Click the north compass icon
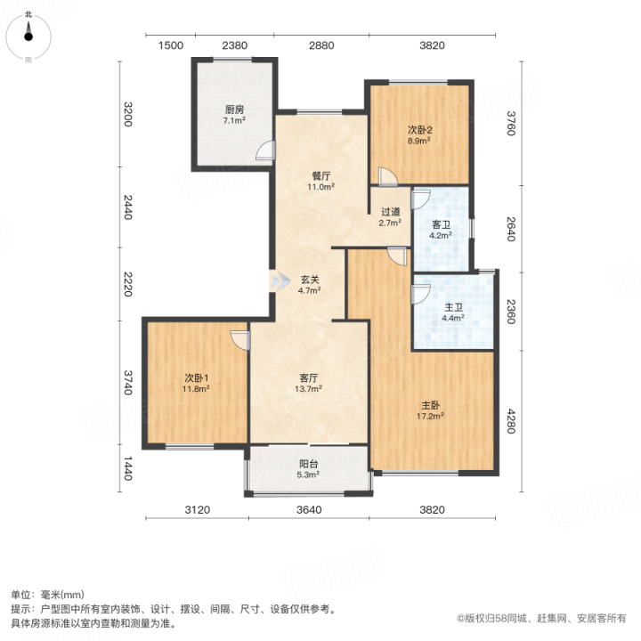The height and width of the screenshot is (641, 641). [x=28, y=37]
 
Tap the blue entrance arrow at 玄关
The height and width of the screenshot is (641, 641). [x=280, y=280]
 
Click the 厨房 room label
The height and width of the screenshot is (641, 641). [x=234, y=110]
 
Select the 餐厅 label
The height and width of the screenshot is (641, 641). [x=320, y=176]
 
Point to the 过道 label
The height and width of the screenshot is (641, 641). [x=390, y=212]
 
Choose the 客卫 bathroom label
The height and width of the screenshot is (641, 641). [x=441, y=225]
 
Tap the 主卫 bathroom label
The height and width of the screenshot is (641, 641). [x=453, y=307]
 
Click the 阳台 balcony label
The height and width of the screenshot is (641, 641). [x=308, y=464]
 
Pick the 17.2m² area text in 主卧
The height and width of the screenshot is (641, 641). [x=430, y=417]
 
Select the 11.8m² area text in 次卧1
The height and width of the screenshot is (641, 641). [x=196, y=389]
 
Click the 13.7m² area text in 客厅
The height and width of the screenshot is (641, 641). [x=308, y=389]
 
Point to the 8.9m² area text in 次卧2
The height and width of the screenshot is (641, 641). [x=419, y=141]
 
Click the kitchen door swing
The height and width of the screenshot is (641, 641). [x=265, y=150]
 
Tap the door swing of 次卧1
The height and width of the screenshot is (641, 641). [x=240, y=340]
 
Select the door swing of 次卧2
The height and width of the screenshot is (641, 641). [x=387, y=176]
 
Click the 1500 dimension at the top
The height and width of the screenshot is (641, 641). [x=170, y=45]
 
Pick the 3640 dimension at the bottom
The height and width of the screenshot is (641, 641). [x=309, y=510]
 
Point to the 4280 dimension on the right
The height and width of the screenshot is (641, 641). [x=511, y=420]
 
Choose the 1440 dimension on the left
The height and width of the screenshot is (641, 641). [x=128, y=468]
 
